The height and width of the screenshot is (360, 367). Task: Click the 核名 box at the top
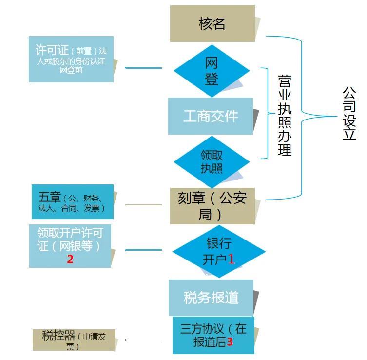coord(212,23)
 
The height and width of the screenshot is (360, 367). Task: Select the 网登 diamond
coord(212,71)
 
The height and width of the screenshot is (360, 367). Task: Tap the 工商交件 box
coord(211,116)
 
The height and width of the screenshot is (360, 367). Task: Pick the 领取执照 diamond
coord(212,161)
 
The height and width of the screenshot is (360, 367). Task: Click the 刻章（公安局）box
coord(212,206)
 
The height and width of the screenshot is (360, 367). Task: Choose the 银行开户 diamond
coord(218,252)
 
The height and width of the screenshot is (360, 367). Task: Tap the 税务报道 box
coord(211,298)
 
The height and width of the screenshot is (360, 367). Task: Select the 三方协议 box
coord(213,335)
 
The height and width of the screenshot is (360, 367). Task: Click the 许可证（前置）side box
coord(71,59)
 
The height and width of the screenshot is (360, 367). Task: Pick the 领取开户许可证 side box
coord(70,246)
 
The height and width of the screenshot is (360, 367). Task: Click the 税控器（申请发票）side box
coord(73,340)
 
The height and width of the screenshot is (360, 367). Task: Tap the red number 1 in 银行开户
coord(232,259)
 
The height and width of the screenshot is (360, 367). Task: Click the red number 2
coord(70,259)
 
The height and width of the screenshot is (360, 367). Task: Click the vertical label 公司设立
coord(349,113)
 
